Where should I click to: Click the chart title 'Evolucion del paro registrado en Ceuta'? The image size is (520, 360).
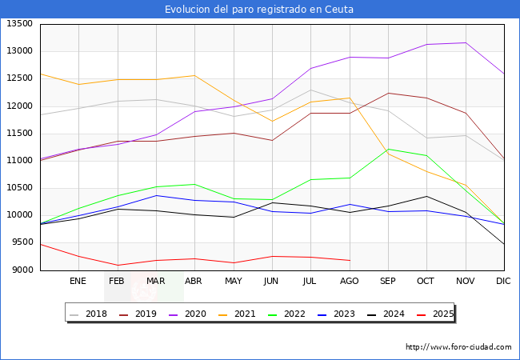click(259, 10)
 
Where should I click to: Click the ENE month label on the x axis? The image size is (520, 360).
click(78, 282)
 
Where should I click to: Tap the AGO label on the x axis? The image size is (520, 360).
click(350, 282)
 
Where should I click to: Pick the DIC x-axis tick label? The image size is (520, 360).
click(503, 282)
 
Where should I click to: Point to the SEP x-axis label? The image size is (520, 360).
click(387, 282)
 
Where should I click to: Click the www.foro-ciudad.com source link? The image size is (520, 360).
click(458, 347)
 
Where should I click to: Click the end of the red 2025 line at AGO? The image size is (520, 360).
click(350, 260)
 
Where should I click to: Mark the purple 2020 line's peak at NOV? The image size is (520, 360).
click(465, 42)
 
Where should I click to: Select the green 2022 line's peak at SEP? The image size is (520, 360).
click(387, 149)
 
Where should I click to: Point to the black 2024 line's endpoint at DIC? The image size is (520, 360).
click(503, 244)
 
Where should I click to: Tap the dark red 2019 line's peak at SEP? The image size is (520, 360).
click(387, 93)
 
